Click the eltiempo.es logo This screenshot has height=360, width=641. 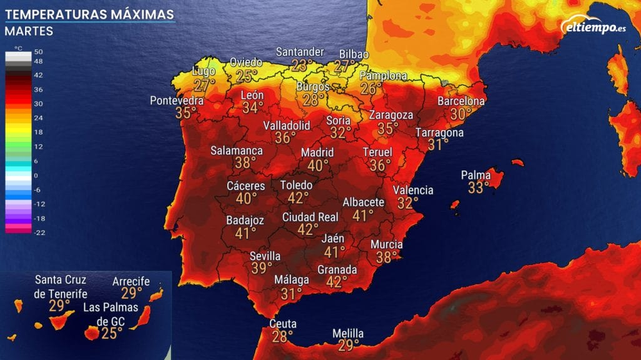pos(592,26)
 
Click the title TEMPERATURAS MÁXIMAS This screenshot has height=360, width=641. pos(89,14)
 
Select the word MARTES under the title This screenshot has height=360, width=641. pos(29,31)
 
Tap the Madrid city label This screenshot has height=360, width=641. pos(317,152)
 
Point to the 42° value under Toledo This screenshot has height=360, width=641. pos(297,198)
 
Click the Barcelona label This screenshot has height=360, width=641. pos(461,101)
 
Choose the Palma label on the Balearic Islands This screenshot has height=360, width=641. pos(476,176)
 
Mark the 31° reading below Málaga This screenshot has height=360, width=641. pos(291,293)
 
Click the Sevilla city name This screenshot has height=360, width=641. pos(265,256)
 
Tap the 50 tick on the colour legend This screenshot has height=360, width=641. pos(38,52)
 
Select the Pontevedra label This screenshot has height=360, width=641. pos(177,101)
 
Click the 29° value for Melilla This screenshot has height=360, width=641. pos(349,346)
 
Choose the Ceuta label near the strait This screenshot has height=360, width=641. pos(283,323)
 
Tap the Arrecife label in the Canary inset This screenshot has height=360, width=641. pos(131,281)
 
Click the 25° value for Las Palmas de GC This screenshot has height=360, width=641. pos(112,332)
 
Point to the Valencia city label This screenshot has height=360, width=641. pos(413,190)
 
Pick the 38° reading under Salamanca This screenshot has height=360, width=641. pos(245,163)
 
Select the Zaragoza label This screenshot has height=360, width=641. pos(391,115)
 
